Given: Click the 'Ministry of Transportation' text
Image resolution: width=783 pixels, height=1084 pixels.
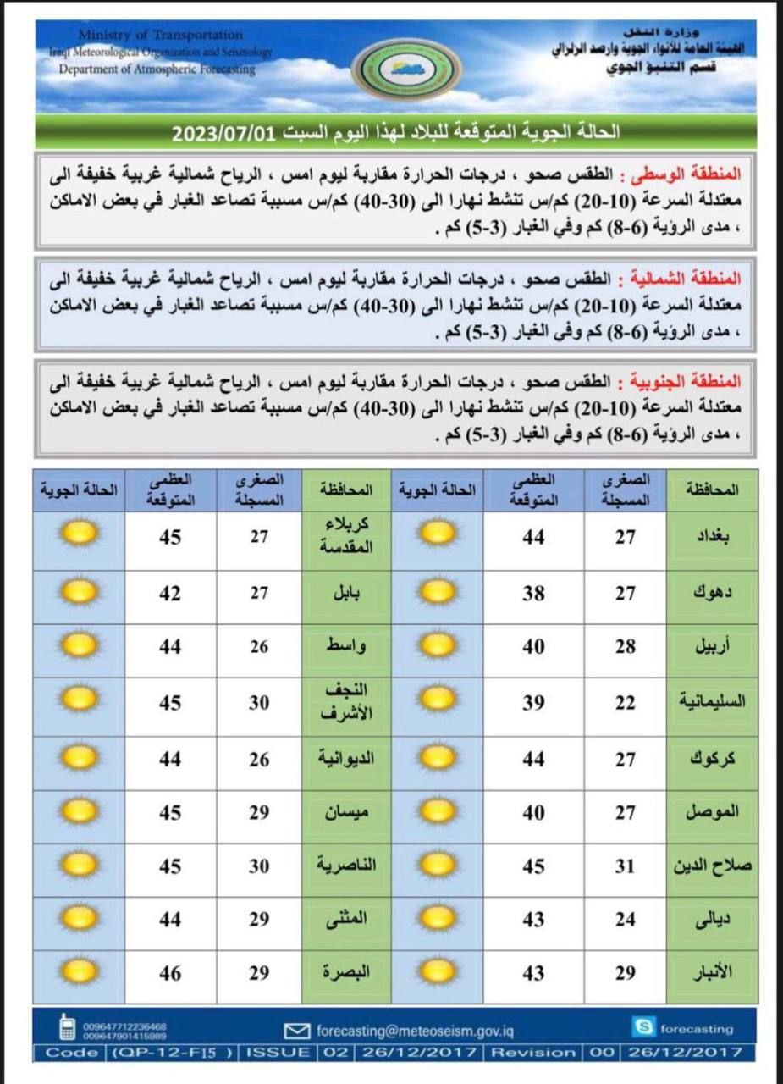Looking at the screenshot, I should coord(160,35).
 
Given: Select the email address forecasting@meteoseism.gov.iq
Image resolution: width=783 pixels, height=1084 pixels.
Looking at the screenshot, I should coord(414,1031).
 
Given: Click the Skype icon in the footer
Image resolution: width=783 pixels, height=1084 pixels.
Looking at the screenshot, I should coord(643,1027).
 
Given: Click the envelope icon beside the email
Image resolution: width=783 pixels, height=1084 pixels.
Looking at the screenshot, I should coord(296,1031).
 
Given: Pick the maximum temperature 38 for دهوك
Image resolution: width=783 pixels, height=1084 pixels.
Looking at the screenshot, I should coord(533,594).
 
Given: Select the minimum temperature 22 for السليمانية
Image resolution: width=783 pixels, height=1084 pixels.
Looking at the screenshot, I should coord(625,701).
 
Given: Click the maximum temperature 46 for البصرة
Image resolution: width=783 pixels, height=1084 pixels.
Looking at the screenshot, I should coord(170,974).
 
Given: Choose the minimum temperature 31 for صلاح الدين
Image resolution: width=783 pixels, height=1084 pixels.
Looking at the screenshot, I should coord(625,866).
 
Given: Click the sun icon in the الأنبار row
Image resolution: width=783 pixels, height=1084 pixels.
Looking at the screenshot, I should coord(438,972).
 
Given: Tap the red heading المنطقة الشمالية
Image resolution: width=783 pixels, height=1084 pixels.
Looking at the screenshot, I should coord(693,279).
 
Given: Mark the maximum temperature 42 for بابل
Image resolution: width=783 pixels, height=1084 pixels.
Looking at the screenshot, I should coord(170,594).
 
